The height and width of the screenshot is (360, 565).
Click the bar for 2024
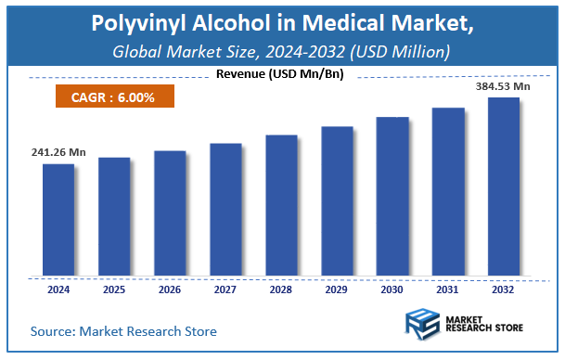point(58,220)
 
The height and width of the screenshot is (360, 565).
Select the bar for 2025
point(114,217)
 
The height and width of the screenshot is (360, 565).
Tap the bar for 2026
point(170,213)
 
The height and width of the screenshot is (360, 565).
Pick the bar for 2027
point(225,210)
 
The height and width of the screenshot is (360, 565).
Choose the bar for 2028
point(281,206)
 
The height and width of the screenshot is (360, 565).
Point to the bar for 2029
point(337,201)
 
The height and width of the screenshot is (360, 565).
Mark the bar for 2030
point(392,197)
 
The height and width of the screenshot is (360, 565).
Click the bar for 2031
point(448,192)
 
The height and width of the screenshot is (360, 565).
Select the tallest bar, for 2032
point(504,186)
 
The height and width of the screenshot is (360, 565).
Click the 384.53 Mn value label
point(504,86)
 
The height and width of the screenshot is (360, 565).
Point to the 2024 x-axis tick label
point(58,290)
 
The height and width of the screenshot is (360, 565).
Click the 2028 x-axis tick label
point(281,290)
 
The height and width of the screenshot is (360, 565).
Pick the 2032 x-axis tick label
point(504,290)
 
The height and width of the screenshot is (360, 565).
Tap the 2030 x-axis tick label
point(392,290)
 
